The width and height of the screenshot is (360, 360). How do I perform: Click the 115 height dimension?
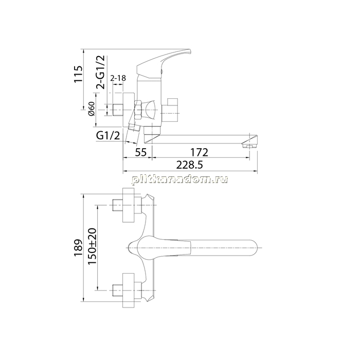pyautogui.click(x=78, y=74)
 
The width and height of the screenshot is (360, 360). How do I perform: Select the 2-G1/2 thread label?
pyautogui.click(x=100, y=72)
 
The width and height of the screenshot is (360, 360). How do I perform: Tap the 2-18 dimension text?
pyautogui.click(x=118, y=78)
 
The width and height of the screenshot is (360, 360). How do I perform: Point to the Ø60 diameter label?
pyautogui.click(x=92, y=109)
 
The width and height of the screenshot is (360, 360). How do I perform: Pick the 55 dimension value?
pyautogui.click(x=141, y=152)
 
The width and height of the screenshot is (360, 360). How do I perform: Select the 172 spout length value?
pyautogui.click(x=200, y=152)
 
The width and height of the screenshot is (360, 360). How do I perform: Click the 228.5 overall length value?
pyautogui.click(x=190, y=165)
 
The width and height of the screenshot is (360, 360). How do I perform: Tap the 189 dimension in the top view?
pyautogui.click(x=78, y=248)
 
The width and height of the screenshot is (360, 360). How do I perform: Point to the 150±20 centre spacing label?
pyautogui.click(x=92, y=246)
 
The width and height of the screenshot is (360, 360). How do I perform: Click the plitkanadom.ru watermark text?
pyautogui.click(x=180, y=179)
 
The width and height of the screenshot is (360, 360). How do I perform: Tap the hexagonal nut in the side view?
pyautogui.click(x=138, y=110)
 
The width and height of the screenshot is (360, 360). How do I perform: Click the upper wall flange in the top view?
pyautogui.click(x=128, y=205)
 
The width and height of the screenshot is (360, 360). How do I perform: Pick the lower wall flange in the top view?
pyautogui.click(x=128, y=291)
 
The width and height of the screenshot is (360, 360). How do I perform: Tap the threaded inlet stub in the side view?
pyautogui.click(x=118, y=110)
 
